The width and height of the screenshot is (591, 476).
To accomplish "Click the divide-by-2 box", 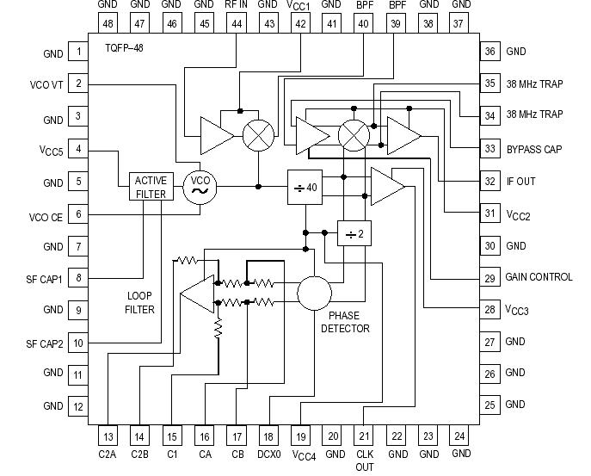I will pyautogui.click(x=353, y=233).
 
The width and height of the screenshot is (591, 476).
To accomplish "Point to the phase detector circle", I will pyautogui.click(x=315, y=294).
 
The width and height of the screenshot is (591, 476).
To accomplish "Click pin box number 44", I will pyautogui.click(x=236, y=24).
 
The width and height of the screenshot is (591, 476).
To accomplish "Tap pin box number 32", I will pyautogui.click(x=490, y=182).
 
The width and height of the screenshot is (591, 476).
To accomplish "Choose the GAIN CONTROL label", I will pyautogui.click(x=539, y=277).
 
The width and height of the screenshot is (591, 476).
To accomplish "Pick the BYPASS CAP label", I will pyautogui.click(x=534, y=149).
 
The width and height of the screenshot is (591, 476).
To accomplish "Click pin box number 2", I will pyautogui.click(x=78, y=84).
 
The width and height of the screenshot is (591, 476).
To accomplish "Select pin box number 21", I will pyautogui.click(x=364, y=436).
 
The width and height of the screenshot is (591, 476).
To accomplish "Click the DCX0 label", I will pyautogui.click(x=268, y=454).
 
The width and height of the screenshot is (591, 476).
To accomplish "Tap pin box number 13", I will pyautogui.click(x=108, y=436).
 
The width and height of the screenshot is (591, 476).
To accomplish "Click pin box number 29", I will pyautogui.click(x=490, y=277).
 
